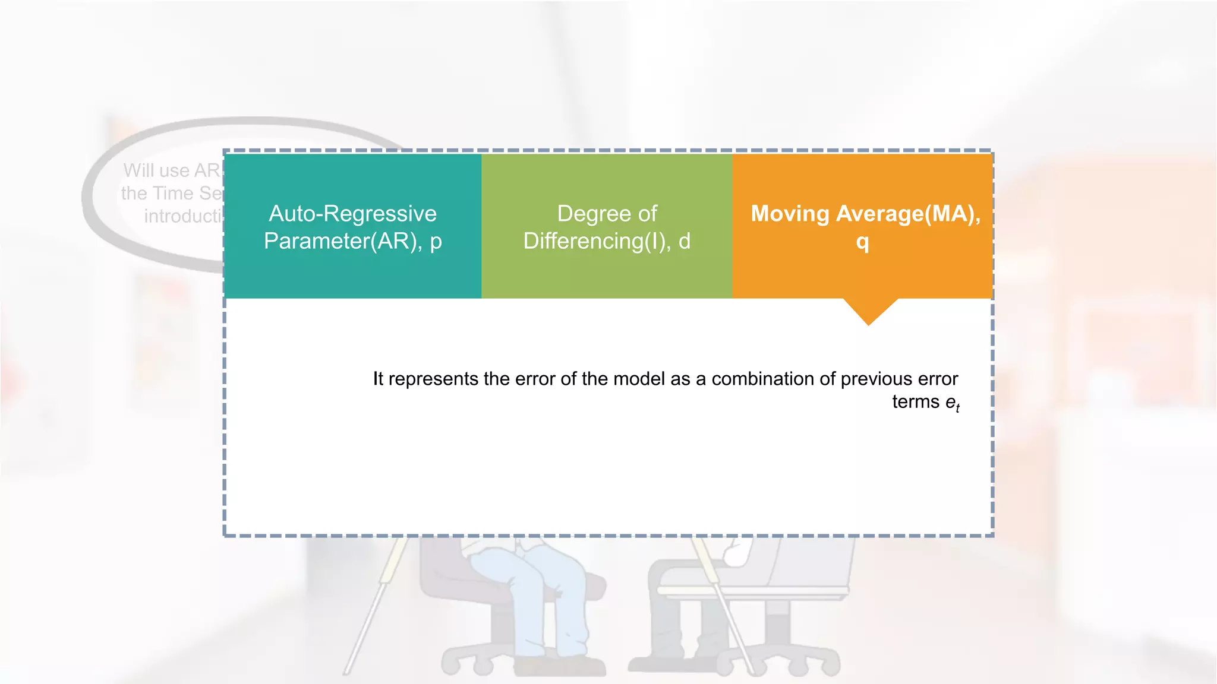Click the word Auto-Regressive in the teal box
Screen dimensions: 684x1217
[x=352, y=214]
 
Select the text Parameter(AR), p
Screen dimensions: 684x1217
[x=352, y=241]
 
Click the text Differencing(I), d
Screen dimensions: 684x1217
[x=607, y=241]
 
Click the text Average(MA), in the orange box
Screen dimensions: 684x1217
[x=908, y=214]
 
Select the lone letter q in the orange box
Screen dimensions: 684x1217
[x=862, y=242]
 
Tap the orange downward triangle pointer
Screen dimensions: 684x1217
[x=869, y=310]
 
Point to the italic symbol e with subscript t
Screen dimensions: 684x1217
[x=952, y=403]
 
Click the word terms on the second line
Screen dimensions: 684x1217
[x=915, y=402]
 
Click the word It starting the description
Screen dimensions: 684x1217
[x=378, y=379]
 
